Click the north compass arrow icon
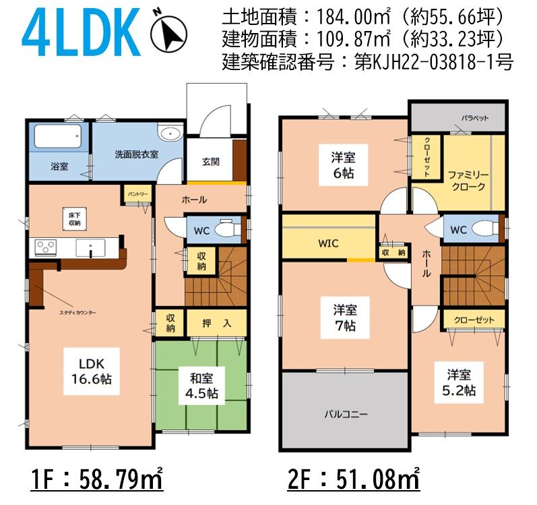click(x=169, y=33)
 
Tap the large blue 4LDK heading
click(x=82, y=32)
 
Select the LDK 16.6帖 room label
click(x=92, y=372)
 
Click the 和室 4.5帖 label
click(x=201, y=386)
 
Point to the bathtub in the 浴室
click(x=57, y=136)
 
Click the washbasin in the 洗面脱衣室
click(x=169, y=133)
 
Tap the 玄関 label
click(x=211, y=162)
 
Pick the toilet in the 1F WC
click(x=228, y=228)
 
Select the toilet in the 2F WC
click(x=485, y=227)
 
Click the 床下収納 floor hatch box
click(x=74, y=219)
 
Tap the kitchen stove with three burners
click(x=46, y=247)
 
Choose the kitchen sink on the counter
click(x=91, y=247)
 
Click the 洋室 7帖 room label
click(x=345, y=318)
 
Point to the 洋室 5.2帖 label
click(x=459, y=382)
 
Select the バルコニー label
click(x=346, y=414)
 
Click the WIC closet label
click(x=328, y=243)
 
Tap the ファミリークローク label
click(x=468, y=181)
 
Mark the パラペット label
click(x=475, y=118)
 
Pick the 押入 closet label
click(x=217, y=323)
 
